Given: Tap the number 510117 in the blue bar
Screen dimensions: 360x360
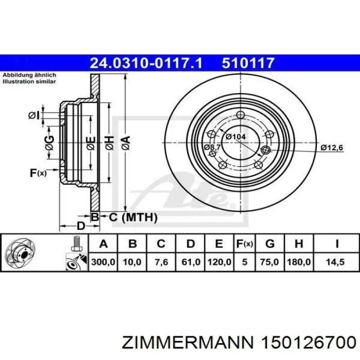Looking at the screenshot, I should tap(248, 63).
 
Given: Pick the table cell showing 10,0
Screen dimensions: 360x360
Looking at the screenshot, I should tap(132, 262).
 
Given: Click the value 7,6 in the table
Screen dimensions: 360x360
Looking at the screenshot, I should tap(161, 262).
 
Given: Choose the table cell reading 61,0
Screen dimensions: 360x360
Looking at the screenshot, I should tap(190, 262).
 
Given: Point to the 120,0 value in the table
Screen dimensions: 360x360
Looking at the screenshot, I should tap(219, 262).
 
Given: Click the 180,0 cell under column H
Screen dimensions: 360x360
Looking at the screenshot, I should tap(299, 262).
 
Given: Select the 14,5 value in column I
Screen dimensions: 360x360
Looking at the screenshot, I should tap(336, 262).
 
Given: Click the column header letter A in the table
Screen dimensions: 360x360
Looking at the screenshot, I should tap(103, 243).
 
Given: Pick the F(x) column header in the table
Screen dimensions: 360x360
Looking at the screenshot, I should tap(244, 243).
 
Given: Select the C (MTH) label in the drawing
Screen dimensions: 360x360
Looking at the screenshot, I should tap(132, 218).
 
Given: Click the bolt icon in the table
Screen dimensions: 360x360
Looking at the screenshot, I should tap(76, 243).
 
